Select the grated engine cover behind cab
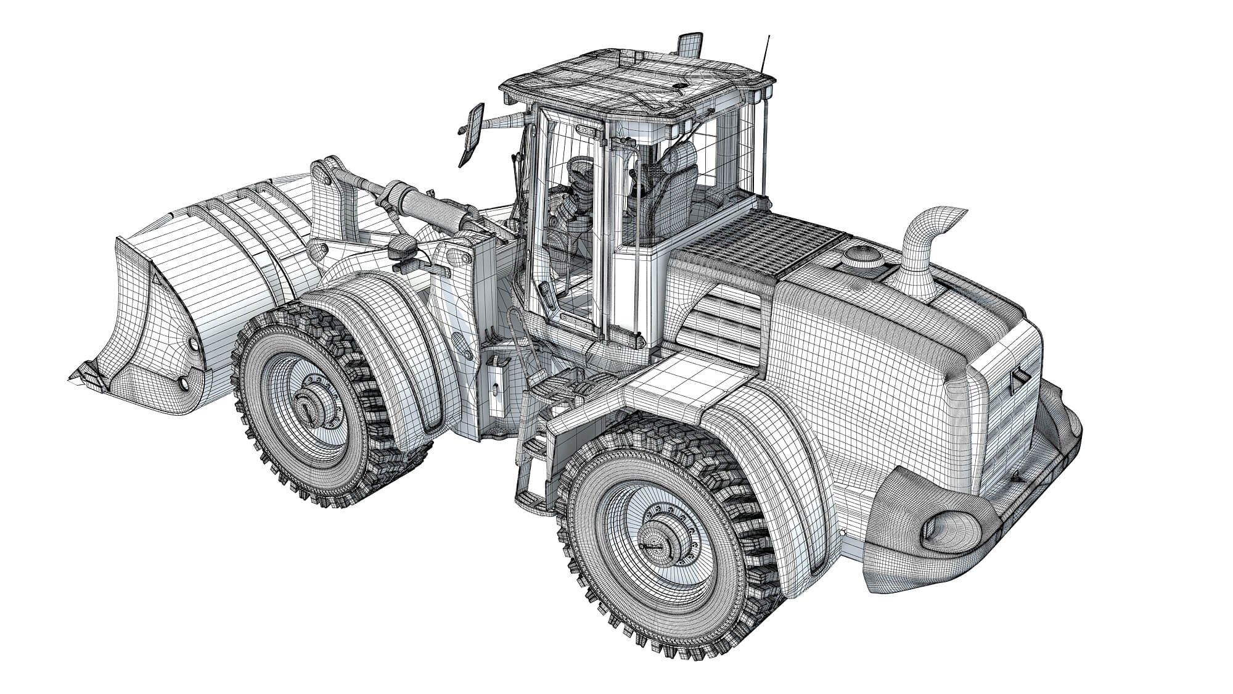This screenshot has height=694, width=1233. pyautogui.click(x=758, y=247)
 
